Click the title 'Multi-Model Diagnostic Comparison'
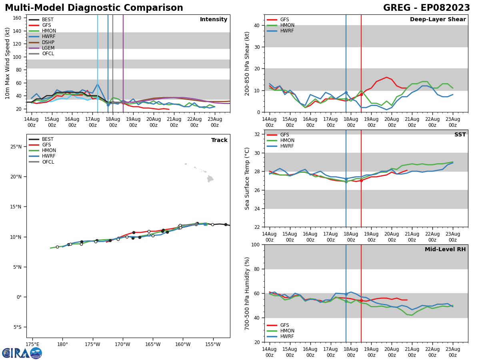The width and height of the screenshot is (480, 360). tap(94, 8)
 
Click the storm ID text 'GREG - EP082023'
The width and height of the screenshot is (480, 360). tap(426, 8)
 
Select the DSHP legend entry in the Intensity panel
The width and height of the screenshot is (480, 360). tap(48, 42)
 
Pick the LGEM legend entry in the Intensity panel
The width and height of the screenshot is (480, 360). tap(48, 48)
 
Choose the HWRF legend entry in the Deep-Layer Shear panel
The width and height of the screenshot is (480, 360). tap(286, 31)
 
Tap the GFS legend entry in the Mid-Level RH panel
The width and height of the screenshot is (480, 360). tap(284, 325)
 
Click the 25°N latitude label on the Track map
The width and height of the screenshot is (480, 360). tap(16, 147)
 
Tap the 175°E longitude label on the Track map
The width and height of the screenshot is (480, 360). tap(32, 345)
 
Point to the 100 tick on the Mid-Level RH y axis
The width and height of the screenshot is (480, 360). tap(256, 244)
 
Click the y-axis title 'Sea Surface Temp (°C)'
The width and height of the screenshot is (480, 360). tap(248, 178)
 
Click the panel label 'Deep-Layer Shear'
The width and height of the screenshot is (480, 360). tap(438, 20)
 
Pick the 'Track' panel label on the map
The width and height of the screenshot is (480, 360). tap(219, 140)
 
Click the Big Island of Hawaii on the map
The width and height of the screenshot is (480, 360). tap(210, 179)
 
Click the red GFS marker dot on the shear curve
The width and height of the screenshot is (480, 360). tap(361, 94)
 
